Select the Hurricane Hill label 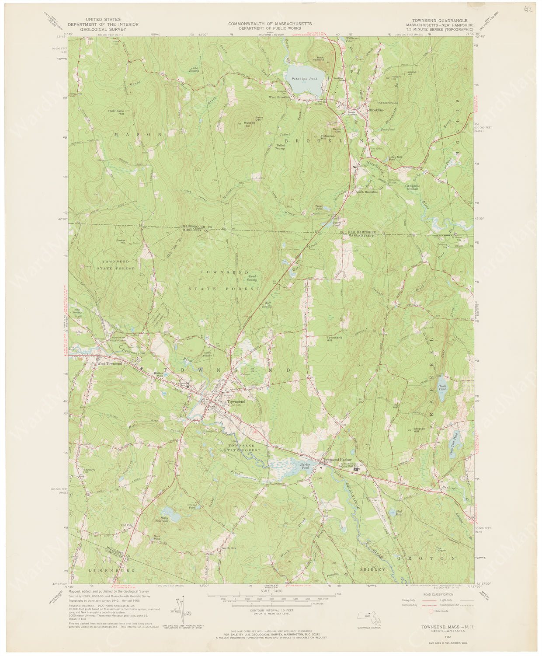(116, 112)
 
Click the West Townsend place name (109, 363)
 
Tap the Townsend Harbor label (337, 460)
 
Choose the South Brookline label (367, 192)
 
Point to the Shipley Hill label (419, 430)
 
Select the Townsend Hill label (335, 339)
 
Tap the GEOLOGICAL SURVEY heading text (103, 29)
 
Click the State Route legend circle (431, 611)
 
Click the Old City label (127, 525)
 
